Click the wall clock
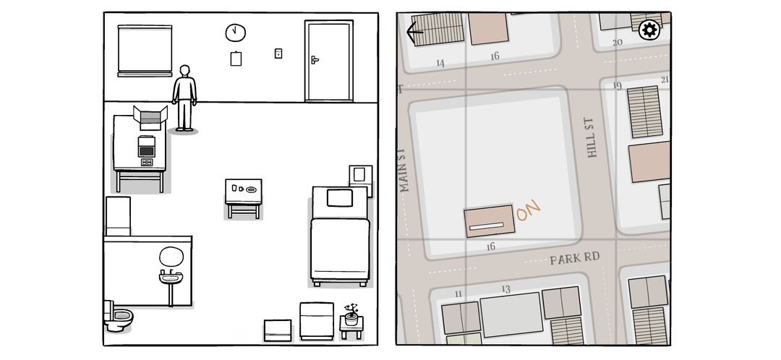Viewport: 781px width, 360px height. (235, 33)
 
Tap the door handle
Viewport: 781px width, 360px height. (315, 60)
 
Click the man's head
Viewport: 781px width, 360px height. (185, 71)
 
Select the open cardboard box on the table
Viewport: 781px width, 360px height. (150, 118)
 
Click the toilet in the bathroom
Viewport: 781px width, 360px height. (118, 316)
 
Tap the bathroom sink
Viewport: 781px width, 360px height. (171, 278)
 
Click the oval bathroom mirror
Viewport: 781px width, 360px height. (171, 257)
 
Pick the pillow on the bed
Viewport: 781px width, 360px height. (340, 198)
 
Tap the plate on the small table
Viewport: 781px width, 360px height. (252, 189)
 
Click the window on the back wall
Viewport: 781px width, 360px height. (145, 51)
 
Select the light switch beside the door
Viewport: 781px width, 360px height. (278, 53)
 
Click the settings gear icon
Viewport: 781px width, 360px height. (649, 30)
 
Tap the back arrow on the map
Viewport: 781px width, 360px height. (414, 33)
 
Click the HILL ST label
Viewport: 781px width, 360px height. (590, 137)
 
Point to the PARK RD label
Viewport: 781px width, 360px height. (574, 258)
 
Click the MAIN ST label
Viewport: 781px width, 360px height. (404, 171)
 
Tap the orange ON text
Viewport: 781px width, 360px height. (529, 210)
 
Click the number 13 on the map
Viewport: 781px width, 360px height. (506, 289)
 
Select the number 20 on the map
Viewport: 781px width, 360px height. (617, 43)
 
